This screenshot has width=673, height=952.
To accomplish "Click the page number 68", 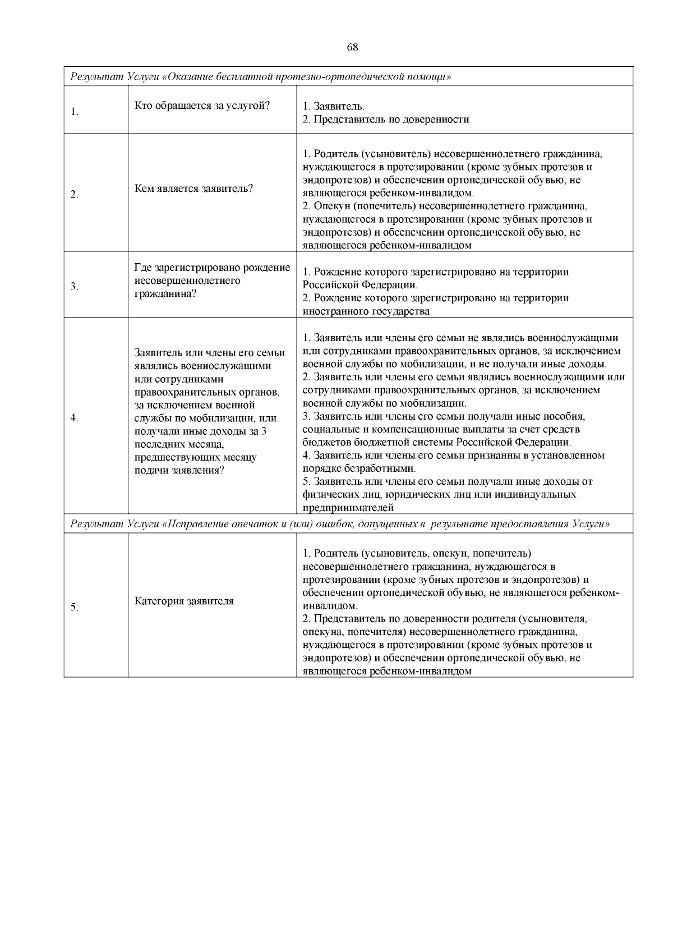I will click(x=353, y=47).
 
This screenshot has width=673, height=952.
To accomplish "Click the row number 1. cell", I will click(x=75, y=112).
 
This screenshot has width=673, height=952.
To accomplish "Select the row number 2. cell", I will click(x=75, y=195).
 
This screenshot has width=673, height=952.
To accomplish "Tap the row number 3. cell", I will click(x=75, y=287).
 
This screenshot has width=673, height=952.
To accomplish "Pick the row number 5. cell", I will click(x=75, y=607).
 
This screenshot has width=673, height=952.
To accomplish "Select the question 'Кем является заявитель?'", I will click(x=194, y=188).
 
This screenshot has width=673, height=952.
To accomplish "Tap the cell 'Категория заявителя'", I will click(x=184, y=601).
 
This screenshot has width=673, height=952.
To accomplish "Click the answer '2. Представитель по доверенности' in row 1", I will click(x=386, y=119).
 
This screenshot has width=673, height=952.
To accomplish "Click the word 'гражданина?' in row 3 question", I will click(x=165, y=293).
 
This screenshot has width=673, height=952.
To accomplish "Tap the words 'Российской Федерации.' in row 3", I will click(x=359, y=285).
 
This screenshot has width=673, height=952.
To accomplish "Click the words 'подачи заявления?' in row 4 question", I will click(x=179, y=470).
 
